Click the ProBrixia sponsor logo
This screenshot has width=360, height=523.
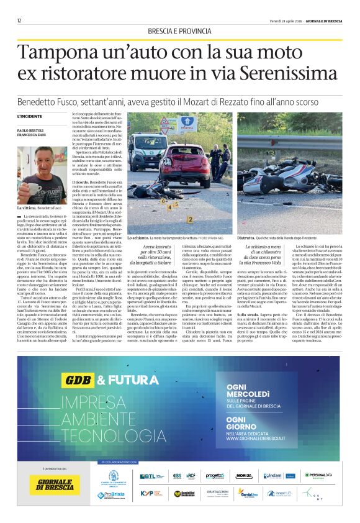tap(110, 495)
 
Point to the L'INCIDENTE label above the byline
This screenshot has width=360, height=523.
tap(30, 116)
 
